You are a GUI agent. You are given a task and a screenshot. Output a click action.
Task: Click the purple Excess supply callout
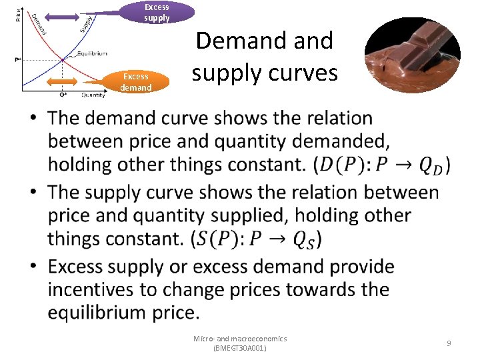157,12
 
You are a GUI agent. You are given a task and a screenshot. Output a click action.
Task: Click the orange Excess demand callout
136,82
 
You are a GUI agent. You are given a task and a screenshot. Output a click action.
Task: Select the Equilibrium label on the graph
92,53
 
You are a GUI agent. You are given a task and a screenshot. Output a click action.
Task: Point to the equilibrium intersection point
62,59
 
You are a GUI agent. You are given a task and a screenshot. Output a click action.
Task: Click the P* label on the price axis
17,60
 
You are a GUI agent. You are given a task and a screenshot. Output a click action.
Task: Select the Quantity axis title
93,95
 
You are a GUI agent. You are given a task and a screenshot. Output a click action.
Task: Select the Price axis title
18,14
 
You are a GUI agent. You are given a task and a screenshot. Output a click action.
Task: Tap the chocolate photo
412,56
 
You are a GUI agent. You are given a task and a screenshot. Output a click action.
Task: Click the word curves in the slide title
302,71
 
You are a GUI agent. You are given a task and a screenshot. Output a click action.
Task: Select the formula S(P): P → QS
256,239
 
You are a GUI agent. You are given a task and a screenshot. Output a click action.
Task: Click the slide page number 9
449,343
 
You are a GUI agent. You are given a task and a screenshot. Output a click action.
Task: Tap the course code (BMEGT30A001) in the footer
239,348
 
